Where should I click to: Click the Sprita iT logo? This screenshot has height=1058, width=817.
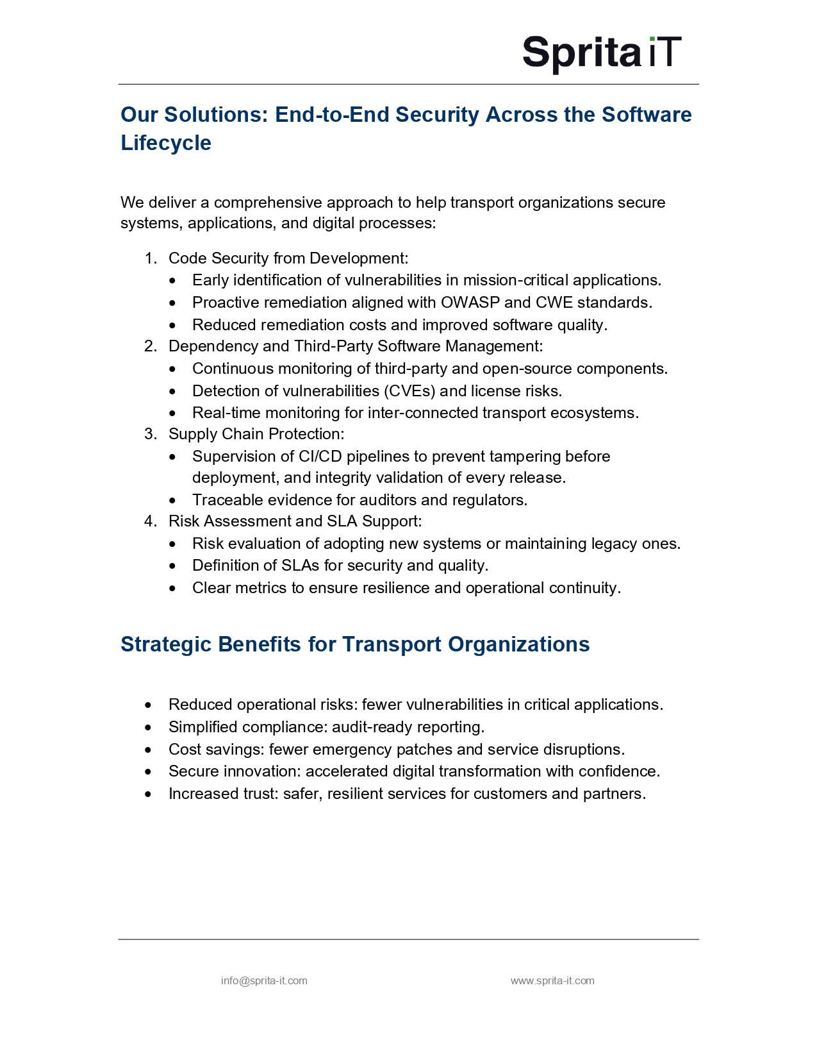click(x=602, y=53)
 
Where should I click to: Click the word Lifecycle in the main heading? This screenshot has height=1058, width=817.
click(x=166, y=143)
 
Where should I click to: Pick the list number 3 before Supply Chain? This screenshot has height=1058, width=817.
click(x=149, y=434)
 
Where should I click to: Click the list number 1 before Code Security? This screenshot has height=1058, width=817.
click(x=149, y=258)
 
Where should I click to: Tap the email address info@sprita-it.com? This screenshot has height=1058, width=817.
click(x=264, y=980)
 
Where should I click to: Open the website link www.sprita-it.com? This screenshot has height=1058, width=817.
click(x=552, y=980)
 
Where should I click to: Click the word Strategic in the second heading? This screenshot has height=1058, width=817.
click(x=166, y=644)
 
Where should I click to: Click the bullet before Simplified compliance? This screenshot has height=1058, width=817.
click(x=149, y=728)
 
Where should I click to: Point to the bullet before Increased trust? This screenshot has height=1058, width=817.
click(x=149, y=794)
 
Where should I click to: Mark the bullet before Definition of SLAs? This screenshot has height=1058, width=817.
click(x=172, y=566)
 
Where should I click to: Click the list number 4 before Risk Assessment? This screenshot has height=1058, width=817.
click(x=149, y=521)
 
